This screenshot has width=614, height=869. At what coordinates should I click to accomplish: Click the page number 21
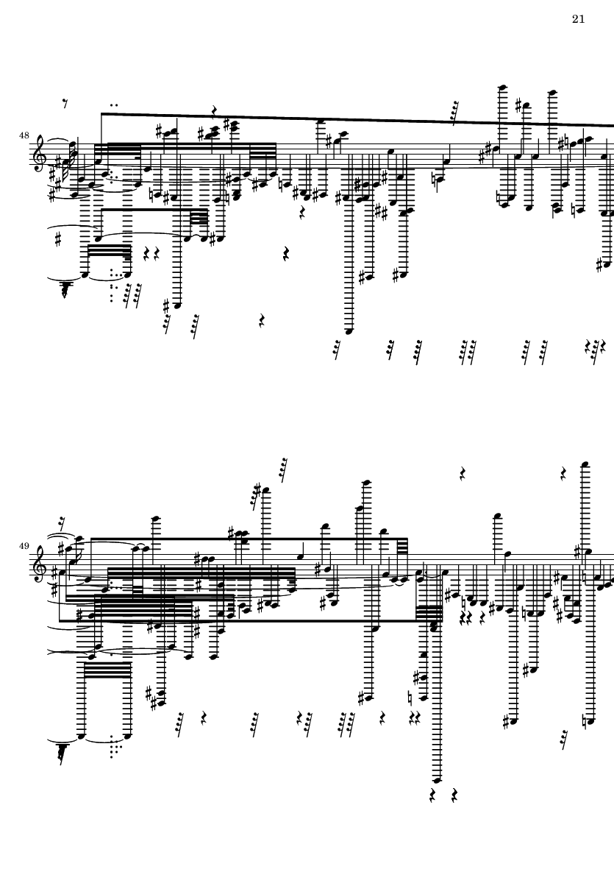click(578, 19)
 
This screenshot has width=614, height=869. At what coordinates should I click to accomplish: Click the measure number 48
click(25, 136)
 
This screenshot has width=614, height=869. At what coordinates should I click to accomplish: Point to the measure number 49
click(25, 546)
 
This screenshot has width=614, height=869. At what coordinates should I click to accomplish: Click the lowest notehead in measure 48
click(350, 331)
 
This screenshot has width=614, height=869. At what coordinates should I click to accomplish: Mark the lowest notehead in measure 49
click(437, 779)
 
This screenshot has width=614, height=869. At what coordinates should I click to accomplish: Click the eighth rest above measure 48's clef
click(65, 104)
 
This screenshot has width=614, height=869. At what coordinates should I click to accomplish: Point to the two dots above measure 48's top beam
click(114, 104)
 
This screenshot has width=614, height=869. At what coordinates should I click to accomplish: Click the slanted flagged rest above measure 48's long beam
click(455, 113)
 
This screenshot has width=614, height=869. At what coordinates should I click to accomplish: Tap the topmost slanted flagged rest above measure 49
click(283, 469)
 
